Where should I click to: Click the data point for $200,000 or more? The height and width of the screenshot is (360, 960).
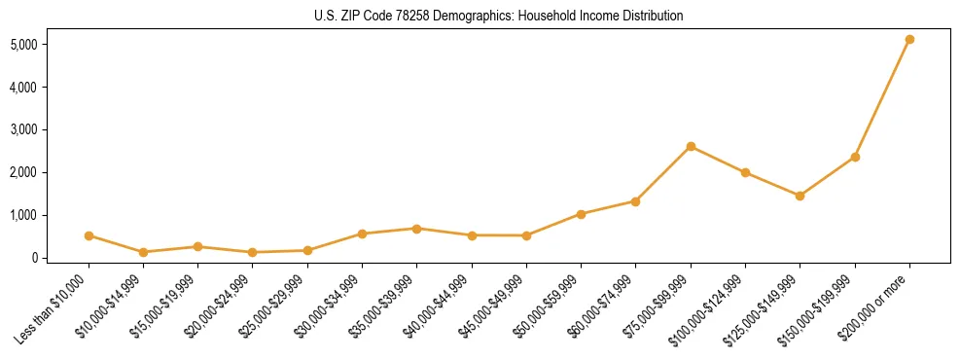click(x=909, y=40)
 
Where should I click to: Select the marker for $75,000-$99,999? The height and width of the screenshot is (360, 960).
click(x=691, y=147)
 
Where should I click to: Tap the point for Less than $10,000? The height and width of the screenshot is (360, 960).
click(x=89, y=235)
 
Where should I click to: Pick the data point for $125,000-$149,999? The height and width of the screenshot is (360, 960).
click(x=800, y=196)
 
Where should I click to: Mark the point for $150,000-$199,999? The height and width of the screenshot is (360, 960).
click(x=855, y=157)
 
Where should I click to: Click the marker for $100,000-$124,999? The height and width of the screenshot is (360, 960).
click(x=745, y=173)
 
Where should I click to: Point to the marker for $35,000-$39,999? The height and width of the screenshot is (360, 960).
click(x=416, y=229)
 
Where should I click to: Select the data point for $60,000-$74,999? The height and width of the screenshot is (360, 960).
click(x=635, y=201)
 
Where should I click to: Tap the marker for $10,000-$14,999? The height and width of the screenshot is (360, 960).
click(x=143, y=252)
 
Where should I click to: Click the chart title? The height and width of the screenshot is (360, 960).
click(x=499, y=17)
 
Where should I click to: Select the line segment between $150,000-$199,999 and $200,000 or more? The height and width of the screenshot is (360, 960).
click(x=882, y=98)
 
